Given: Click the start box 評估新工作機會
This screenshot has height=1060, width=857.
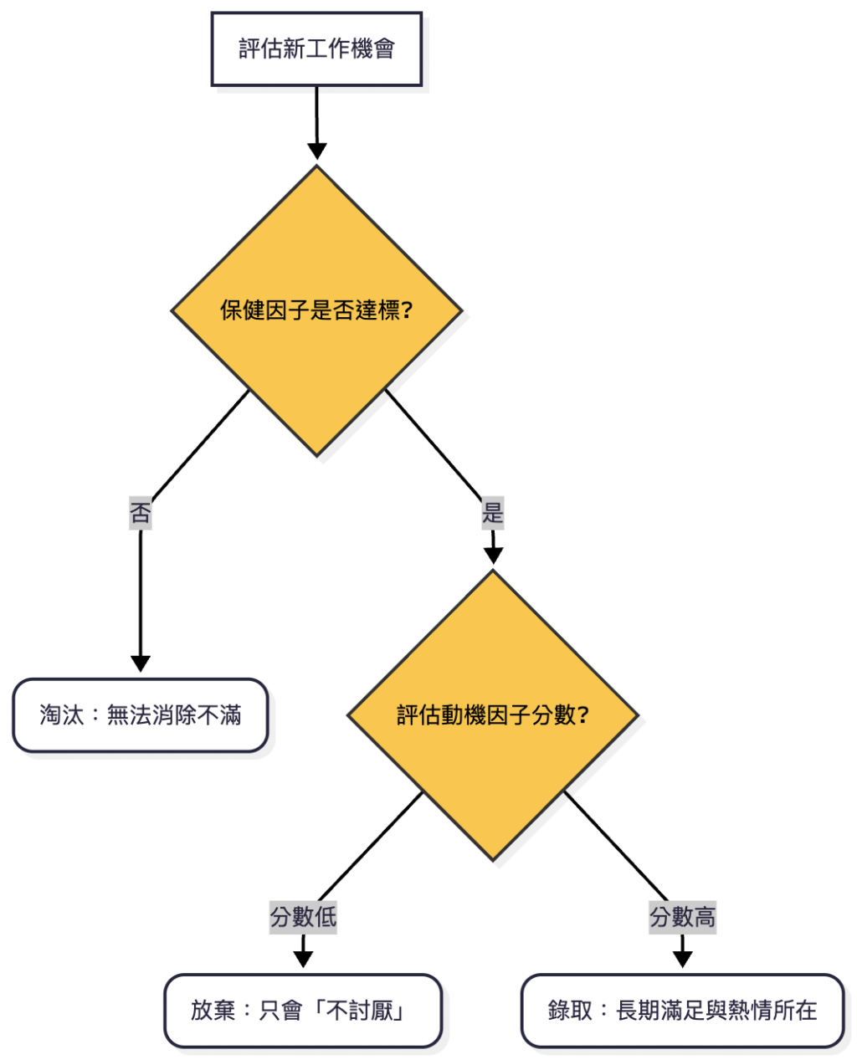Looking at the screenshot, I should (316, 49).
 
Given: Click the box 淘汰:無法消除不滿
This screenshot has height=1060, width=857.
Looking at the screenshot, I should (141, 715).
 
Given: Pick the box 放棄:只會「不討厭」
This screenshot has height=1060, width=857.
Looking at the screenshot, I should (303, 1011).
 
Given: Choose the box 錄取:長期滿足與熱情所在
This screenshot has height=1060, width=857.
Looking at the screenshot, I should (682, 1011).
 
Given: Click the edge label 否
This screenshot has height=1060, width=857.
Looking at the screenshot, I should (141, 512).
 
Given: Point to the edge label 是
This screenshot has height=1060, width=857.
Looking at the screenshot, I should (493, 512).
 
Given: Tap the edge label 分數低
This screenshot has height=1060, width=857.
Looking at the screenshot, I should (303, 917).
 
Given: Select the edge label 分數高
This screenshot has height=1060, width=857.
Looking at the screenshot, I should (682, 917).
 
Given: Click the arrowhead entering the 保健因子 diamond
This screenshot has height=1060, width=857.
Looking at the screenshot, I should (316, 151).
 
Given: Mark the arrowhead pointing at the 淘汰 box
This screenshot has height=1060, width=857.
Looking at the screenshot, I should (141, 663).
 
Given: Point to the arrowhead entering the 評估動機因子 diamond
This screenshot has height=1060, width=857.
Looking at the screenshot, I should (493, 556).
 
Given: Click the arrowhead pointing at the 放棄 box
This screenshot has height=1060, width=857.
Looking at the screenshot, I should (303, 959).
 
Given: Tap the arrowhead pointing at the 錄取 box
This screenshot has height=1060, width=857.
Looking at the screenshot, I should (682, 959).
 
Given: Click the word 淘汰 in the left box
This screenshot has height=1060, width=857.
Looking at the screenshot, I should (62, 715).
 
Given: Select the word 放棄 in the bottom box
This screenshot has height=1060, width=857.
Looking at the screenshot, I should (213, 1011).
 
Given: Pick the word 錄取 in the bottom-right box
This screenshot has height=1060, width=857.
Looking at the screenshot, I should (570, 1011).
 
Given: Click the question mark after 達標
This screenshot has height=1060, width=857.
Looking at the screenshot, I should (408, 311).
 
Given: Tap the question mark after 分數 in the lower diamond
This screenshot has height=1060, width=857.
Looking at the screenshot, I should (583, 715).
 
